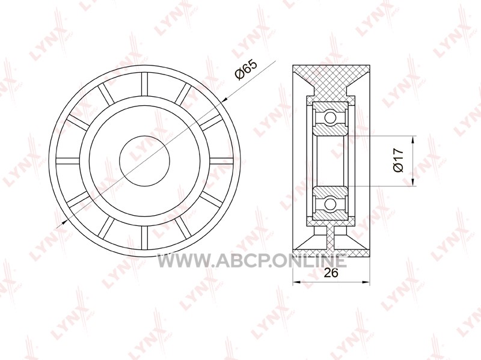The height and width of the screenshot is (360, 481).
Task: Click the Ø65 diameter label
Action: [x=246, y=70]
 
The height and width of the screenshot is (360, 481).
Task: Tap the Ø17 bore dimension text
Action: [x=399, y=160]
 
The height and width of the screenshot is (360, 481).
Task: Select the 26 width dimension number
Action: [x=331, y=273]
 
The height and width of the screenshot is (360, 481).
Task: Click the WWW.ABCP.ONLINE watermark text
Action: [x=252, y=261]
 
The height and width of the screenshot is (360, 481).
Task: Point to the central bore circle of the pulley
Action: [x=144, y=160]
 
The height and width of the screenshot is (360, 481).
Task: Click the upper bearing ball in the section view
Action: [x=330, y=117]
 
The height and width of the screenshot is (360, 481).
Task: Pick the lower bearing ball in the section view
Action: [x=330, y=203]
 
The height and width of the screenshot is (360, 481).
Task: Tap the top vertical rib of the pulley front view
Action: [x=144, y=84]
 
